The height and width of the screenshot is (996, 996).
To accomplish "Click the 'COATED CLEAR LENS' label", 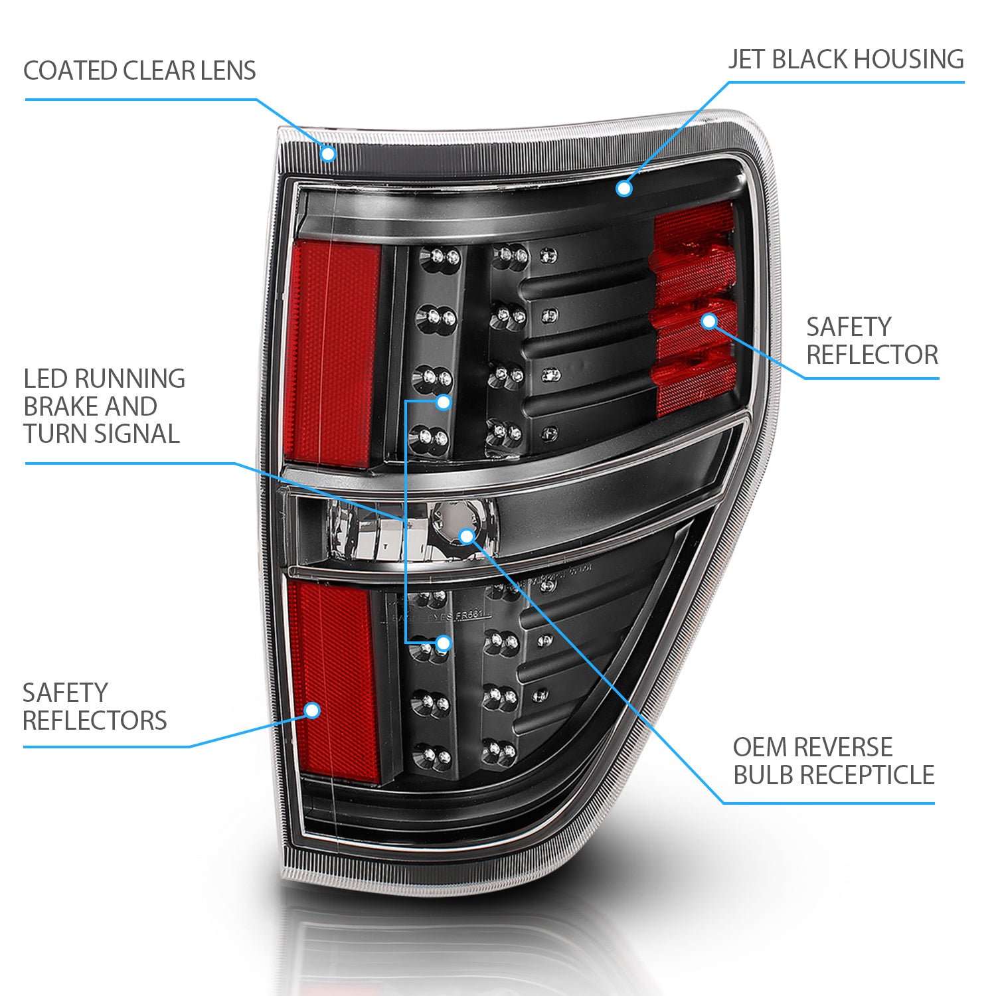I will point(139,71).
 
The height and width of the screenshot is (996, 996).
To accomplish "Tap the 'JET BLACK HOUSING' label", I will point(846,60).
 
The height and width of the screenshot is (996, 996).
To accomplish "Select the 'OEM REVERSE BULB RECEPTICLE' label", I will point(833,761).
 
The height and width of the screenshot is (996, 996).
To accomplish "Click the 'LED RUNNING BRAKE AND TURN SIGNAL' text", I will point(104,406).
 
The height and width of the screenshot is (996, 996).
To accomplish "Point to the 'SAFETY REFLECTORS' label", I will point(95,706).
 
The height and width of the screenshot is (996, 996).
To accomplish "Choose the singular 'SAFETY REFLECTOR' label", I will point(872,341).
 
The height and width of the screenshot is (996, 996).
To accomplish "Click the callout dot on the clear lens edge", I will point(327,154).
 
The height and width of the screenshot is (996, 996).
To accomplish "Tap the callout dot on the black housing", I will point(623,189).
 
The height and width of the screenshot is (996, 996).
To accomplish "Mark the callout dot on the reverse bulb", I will point(467,536).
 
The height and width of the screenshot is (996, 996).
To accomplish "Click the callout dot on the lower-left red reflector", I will point(312,710).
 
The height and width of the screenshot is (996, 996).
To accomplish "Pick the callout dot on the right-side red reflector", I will point(709,321).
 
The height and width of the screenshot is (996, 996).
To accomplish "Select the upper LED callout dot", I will point(444,402).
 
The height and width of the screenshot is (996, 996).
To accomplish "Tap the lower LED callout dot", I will point(444,643).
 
